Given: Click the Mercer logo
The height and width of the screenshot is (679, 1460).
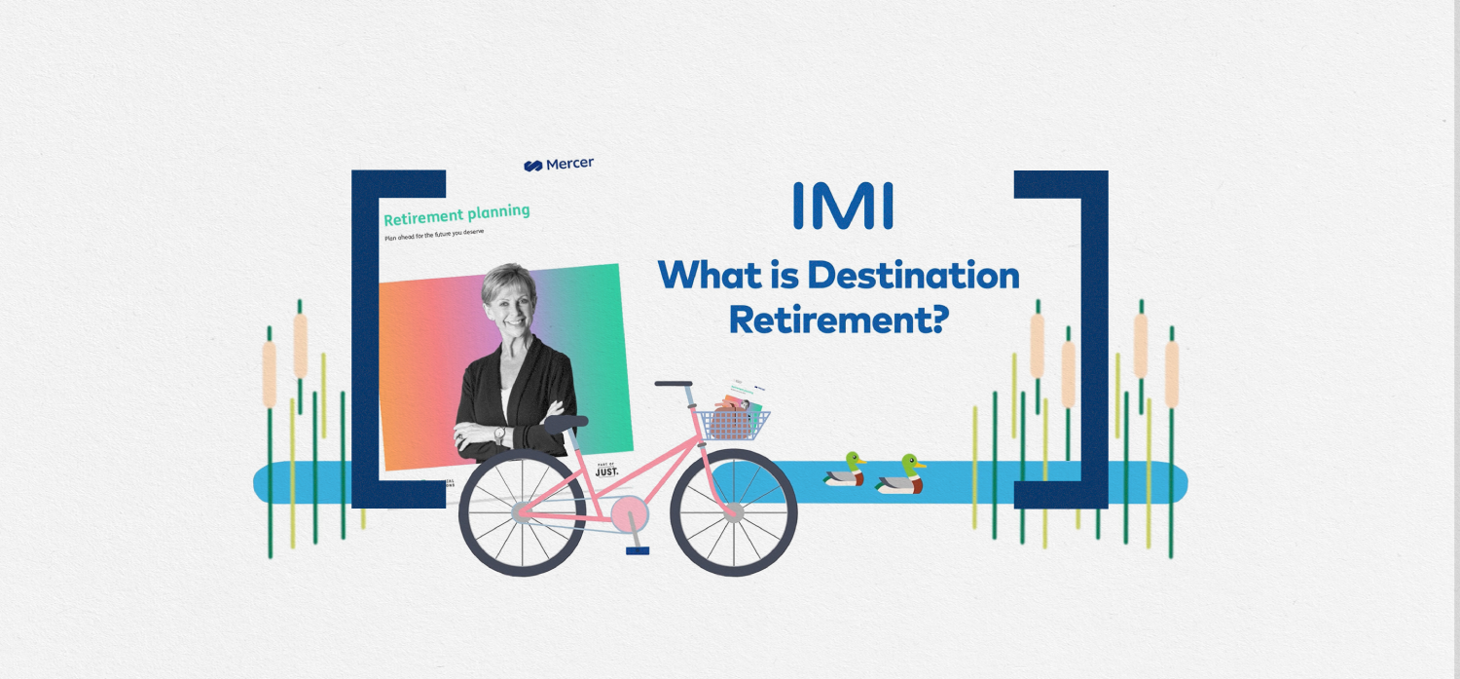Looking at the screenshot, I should click(559, 165).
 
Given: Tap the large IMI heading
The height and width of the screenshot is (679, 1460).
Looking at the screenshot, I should click(843, 206).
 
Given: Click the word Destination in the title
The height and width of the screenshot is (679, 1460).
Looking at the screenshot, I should click(913, 276).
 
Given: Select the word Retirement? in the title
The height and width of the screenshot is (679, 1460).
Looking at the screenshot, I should click(838, 319).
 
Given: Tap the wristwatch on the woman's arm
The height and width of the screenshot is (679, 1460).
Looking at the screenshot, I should click(500, 434).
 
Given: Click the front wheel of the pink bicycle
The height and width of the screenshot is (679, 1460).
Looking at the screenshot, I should click(734, 512).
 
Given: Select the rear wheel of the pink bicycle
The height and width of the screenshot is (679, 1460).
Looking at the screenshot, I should click(522, 512).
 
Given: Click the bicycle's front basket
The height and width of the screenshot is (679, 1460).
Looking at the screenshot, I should click(733, 422).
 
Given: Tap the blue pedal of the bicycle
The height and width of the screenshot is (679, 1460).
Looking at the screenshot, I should click(638, 550).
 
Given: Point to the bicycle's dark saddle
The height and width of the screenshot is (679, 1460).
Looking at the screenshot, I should click(566, 423).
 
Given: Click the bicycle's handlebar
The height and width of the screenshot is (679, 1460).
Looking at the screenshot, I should click(674, 384).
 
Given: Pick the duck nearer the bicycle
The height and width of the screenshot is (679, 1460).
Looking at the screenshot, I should click(845, 470).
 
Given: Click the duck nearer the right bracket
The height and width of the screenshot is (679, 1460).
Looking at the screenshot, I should click(900, 475).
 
